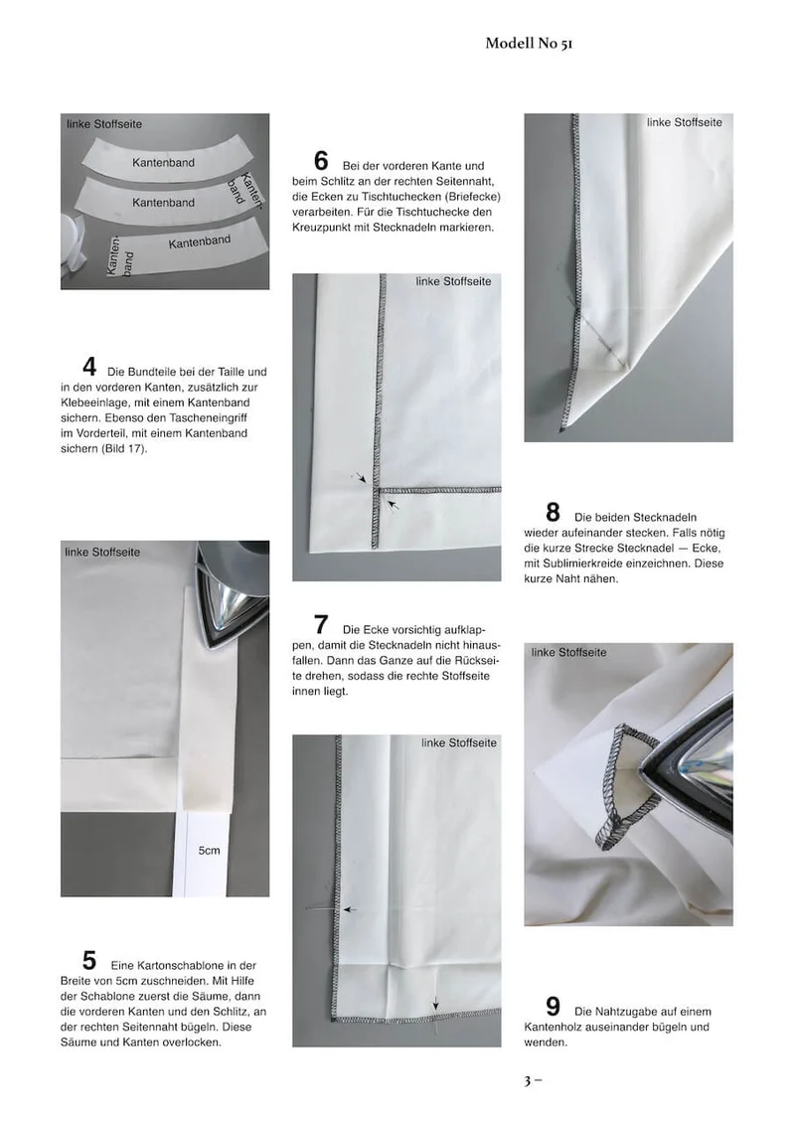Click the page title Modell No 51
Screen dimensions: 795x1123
coord(529,43)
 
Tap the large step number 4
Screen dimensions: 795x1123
coord(89,367)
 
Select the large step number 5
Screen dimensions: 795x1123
coord(89,960)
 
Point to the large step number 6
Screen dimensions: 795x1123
coord(321,160)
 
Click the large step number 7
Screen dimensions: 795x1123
coord(321,624)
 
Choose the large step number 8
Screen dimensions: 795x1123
coord(553,512)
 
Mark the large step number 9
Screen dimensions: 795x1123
coord(553,1007)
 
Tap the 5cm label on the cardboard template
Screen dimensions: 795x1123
coord(209,851)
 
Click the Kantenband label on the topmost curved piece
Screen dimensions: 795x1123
coord(163,163)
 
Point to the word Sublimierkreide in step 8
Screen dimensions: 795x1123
coord(583,563)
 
